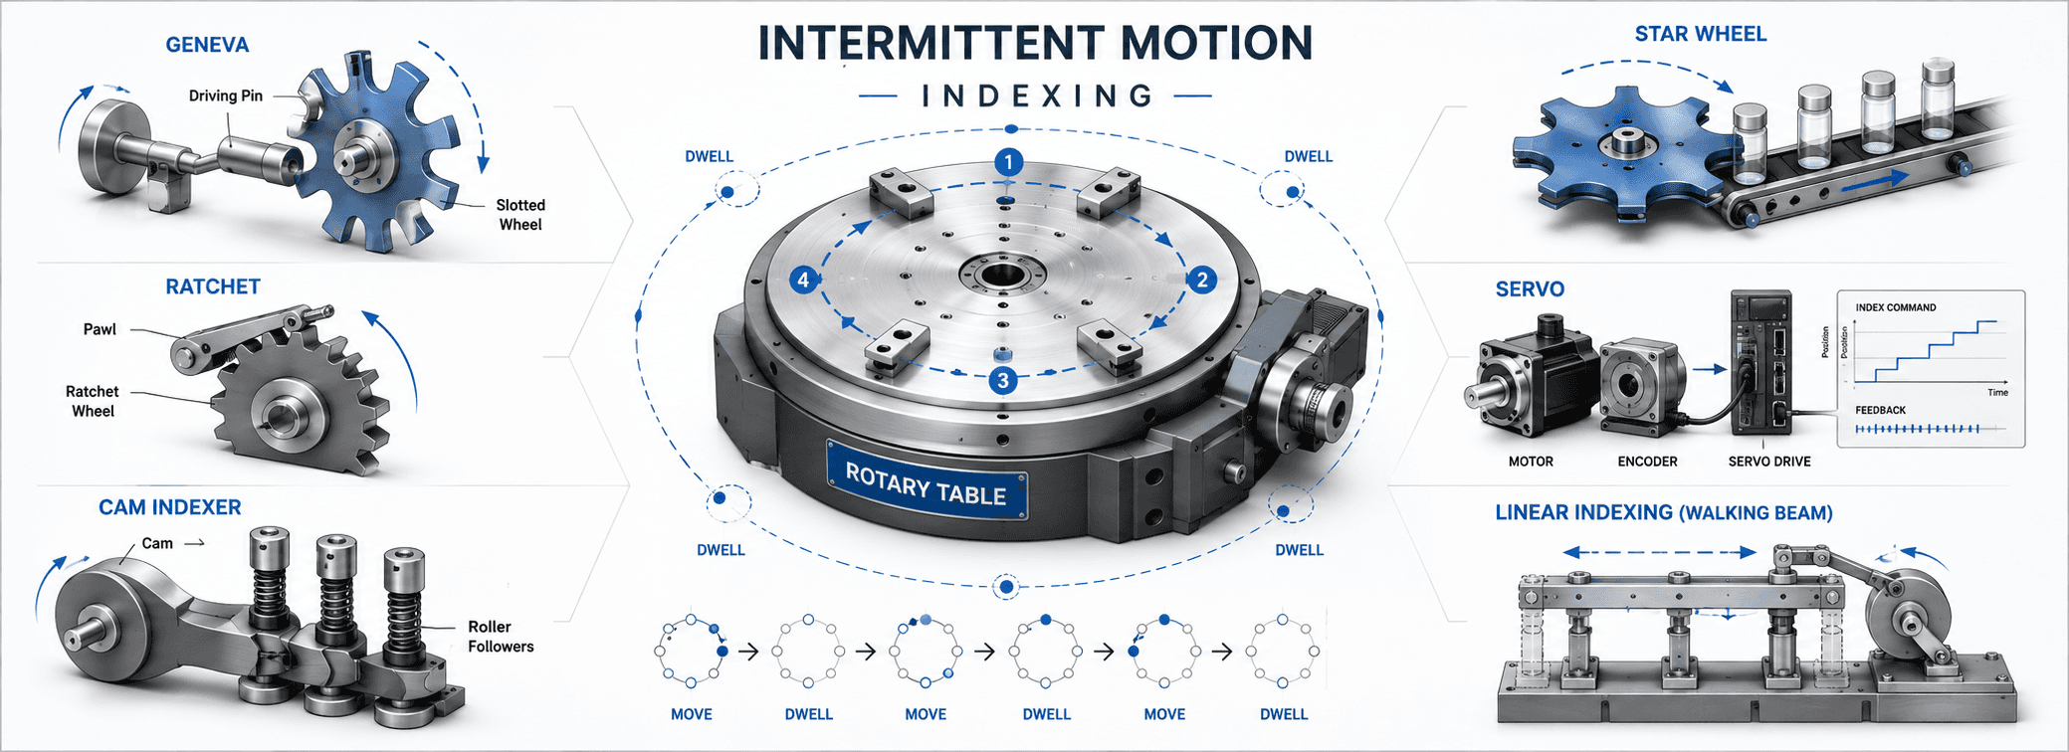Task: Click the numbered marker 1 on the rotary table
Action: coord(1009,162)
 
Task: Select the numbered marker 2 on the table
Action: coord(1202,280)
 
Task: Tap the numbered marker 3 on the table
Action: coord(1003,379)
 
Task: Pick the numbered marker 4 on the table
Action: coord(803,280)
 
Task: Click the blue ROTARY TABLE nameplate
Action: coord(927,480)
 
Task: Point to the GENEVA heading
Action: coord(207,45)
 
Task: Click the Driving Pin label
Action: coord(226,95)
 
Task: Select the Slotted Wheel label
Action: coord(520,215)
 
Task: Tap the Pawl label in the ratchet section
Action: coord(100,329)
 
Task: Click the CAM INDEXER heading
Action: coord(169,507)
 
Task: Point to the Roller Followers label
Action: coord(501,637)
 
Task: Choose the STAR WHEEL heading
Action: coord(1701,34)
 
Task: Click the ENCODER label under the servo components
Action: coord(1647,462)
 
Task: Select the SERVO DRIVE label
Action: coord(1769,462)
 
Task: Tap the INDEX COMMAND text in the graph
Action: coord(1896,307)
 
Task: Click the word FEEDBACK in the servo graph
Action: coord(1880,410)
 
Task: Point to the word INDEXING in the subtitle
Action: coord(1036,95)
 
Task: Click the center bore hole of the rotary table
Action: coord(1002,274)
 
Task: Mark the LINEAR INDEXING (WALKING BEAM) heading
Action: coord(1664,512)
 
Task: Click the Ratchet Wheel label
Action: coord(93,401)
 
